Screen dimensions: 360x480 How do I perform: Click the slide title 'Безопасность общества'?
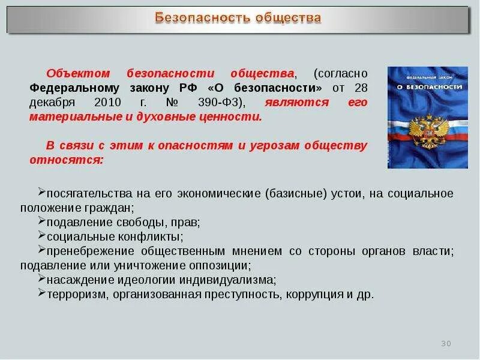238,17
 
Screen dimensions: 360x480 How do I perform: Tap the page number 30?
445,343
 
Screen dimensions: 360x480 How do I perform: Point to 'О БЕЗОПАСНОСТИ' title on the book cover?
427,88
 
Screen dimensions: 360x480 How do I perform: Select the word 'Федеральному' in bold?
70,88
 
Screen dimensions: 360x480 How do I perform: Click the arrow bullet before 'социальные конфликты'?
41,235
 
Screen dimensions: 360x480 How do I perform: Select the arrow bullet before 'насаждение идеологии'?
41,278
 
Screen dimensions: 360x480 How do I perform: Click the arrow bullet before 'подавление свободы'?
41,220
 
